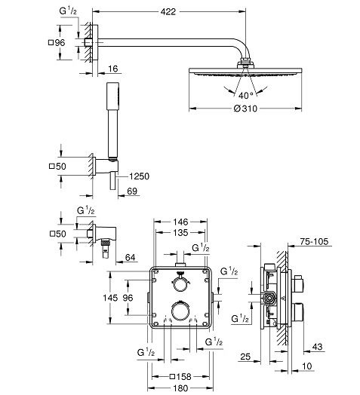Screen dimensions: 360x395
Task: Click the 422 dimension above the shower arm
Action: tap(168, 11)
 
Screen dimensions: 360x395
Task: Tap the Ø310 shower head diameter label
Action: tap(245, 109)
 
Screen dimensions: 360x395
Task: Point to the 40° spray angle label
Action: tap(245, 96)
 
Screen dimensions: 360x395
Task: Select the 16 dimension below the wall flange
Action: tap(112, 69)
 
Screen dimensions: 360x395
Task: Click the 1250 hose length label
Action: tap(139, 176)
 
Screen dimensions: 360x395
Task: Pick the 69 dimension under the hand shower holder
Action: tap(132, 191)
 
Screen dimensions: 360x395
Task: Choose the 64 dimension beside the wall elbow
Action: tap(130, 258)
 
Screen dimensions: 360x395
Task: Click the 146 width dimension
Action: tap(180, 222)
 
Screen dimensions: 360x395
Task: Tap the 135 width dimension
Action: tap(180, 232)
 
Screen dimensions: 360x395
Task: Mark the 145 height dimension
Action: tap(110, 298)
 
